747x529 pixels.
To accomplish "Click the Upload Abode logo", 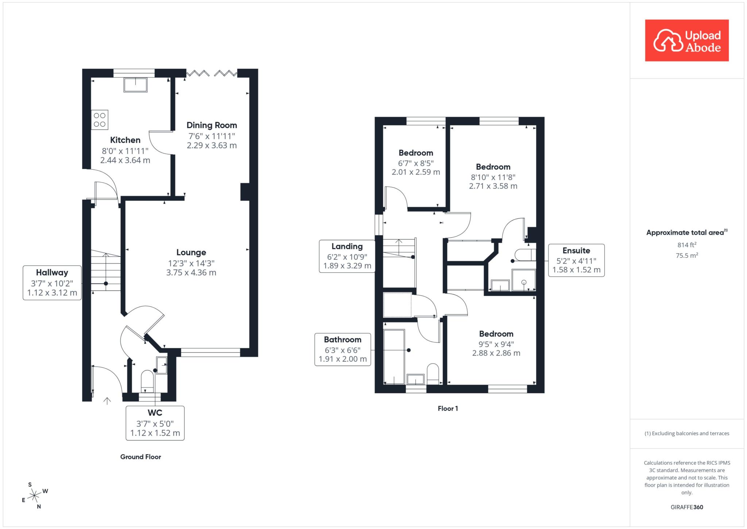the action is click(687, 41).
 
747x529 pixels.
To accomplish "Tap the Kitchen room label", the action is click(125, 140).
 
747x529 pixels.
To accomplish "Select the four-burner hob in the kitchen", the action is click(100, 120).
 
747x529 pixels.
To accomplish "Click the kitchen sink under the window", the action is click(136, 85).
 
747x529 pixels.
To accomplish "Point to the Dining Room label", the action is click(212, 125).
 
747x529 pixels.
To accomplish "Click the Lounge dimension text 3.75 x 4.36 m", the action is click(191, 273).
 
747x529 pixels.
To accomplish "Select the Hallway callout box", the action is click(52, 283).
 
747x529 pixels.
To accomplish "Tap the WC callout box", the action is click(155, 423).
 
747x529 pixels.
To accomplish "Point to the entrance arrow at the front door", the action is click(107, 401).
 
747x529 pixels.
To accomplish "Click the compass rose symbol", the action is click(34, 495).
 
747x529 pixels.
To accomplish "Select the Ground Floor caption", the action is click(140, 457).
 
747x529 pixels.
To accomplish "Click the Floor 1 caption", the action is click(448, 409).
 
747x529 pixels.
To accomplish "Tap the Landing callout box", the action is click(347, 256).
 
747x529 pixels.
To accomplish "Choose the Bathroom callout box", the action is click(343, 349).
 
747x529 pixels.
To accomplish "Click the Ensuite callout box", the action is click(576, 260).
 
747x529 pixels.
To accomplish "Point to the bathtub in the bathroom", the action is click(394, 357).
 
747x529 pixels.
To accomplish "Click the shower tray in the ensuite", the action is click(524, 280).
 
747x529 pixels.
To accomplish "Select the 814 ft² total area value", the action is click(687, 245).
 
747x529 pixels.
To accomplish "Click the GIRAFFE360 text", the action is click(687, 507).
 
